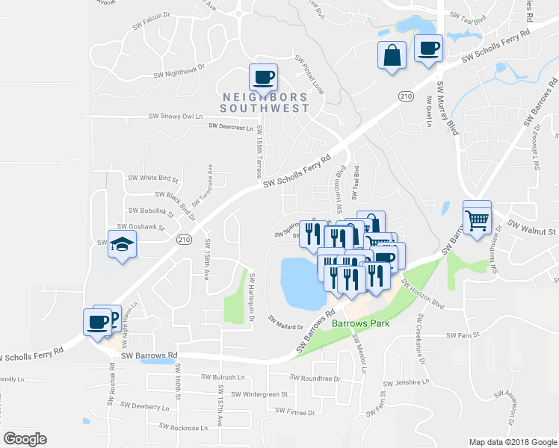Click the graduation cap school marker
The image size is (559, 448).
120,244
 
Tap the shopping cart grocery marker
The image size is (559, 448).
478,218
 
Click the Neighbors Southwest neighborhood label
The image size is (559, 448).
265,103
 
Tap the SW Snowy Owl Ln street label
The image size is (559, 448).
176,116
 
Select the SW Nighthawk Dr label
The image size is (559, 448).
179,73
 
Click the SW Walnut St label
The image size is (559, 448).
533,231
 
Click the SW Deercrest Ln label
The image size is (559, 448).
232,128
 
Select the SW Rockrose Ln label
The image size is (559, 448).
184,428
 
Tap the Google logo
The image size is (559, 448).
25,439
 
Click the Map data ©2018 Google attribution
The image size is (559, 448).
512,442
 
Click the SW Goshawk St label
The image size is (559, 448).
140,225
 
